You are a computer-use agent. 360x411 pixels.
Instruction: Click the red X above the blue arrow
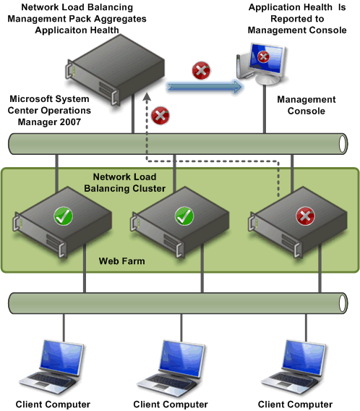pos(201,70)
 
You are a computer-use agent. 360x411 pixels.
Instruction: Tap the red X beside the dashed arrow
pos(160,115)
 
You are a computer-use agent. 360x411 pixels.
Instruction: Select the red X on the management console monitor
pos(263,56)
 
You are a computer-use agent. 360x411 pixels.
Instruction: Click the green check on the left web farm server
pos(63,216)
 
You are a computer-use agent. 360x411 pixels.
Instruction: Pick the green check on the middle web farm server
pos(184,216)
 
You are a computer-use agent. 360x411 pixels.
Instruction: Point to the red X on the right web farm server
pos(305,216)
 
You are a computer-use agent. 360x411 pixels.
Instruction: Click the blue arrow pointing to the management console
pos(205,87)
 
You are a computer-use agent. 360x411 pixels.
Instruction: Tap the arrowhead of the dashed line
pos(147,96)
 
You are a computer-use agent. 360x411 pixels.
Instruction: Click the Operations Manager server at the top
pos(115,69)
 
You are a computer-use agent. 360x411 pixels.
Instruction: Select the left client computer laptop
pos(51,367)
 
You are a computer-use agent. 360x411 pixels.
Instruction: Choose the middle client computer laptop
pos(171,368)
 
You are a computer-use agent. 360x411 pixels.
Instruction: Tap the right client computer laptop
pos(293,368)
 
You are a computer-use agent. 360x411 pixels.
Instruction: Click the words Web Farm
pos(121,261)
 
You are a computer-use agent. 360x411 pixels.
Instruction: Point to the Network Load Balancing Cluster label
pos(124,182)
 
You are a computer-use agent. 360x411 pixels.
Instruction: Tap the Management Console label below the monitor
pos(307,105)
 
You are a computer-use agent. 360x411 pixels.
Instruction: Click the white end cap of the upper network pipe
pos(343,144)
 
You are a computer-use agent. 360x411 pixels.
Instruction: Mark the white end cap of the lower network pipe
pos(343,303)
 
